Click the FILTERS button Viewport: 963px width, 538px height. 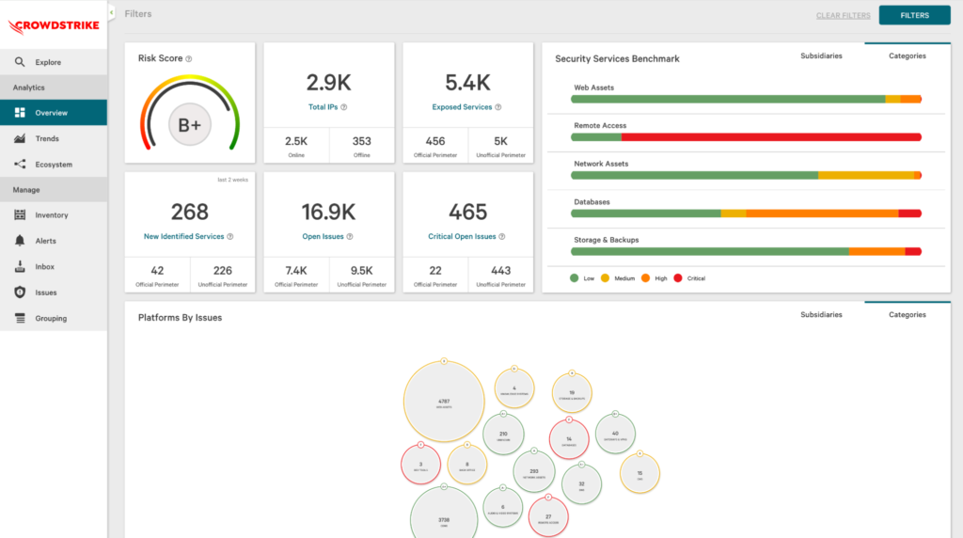[x=914, y=15]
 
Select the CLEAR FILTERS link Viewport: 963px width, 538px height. [x=842, y=16]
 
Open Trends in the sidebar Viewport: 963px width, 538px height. [x=47, y=138]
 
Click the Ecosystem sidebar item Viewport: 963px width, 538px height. [x=54, y=165]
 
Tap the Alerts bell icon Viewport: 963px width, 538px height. [x=20, y=241]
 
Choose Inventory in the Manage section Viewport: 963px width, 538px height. [x=52, y=215]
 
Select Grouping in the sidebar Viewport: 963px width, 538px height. [x=51, y=318]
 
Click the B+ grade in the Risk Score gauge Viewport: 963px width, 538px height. [x=189, y=125]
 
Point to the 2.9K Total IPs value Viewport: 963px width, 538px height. [x=328, y=82]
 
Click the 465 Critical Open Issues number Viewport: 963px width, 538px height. [x=467, y=212]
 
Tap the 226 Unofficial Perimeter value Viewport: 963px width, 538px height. [x=222, y=271]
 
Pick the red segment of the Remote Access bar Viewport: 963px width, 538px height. [x=771, y=137]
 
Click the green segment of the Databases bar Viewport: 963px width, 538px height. [x=645, y=214]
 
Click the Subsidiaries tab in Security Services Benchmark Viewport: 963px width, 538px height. [x=821, y=55]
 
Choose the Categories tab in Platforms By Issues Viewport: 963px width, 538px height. [x=908, y=315]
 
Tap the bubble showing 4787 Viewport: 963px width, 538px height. [x=444, y=402]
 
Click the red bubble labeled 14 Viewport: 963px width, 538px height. [x=569, y=439]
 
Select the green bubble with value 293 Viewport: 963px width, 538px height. [x=533, y=472]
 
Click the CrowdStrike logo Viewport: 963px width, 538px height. [x=53, y=25]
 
